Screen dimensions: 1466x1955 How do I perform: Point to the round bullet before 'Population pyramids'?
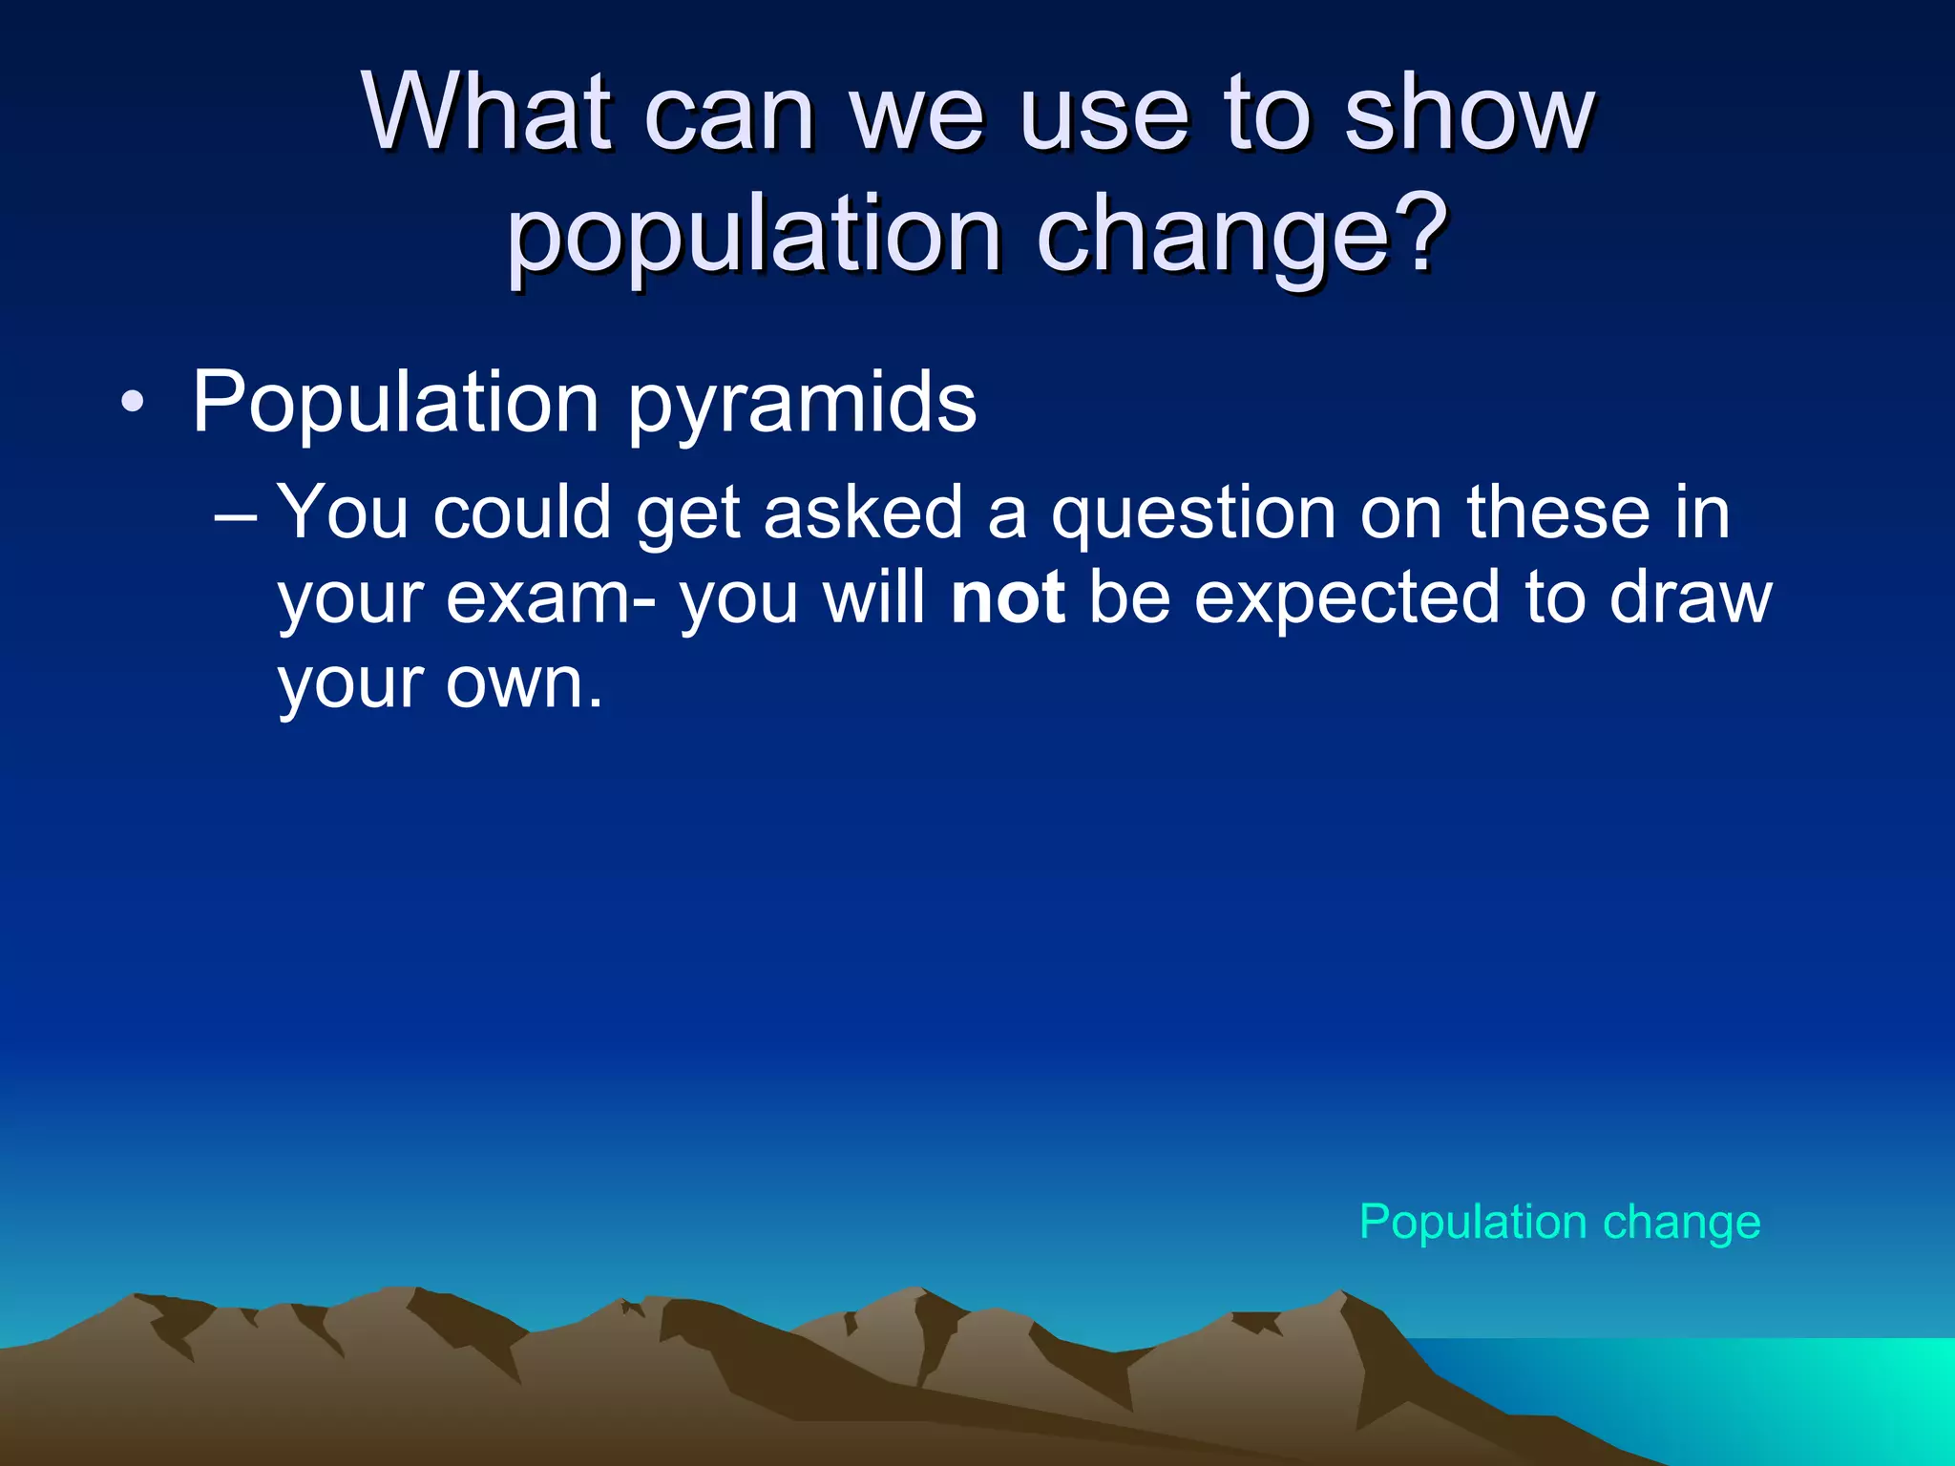coord(133,402)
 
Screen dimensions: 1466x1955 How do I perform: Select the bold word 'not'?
coord(1008,598)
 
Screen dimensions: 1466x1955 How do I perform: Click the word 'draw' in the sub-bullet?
coord(1690,598)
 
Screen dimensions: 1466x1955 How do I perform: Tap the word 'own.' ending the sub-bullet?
coord(524,683)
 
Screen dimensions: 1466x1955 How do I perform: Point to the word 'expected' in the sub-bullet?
coord(1347,599)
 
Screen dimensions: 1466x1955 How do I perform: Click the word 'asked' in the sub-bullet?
coord(863,513)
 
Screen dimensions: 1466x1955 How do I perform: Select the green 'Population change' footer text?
coord(1559,1223)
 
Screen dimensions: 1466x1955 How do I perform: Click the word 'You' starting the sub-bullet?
coord(343,513)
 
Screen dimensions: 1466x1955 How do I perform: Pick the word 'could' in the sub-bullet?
coord(522,513)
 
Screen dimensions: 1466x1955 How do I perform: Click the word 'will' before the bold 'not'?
coord(874,598)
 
